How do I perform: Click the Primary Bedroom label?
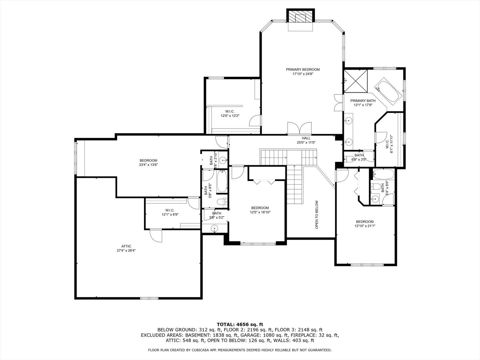click(303, 69)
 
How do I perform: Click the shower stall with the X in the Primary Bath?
click(356, 82)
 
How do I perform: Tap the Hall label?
click(306, 138)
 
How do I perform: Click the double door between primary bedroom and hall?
click(297, 128)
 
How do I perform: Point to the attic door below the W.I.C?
click(156, 236)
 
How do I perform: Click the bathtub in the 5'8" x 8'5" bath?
click(222, 182)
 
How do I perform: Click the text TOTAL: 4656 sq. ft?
click(240, 324)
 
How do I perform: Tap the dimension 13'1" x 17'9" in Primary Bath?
click(363, 105)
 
